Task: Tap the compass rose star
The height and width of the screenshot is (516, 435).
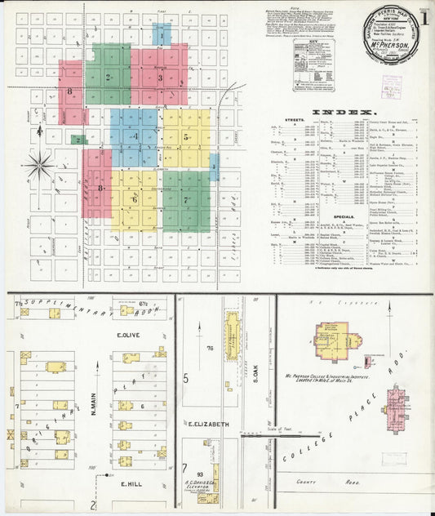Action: click(38, 166)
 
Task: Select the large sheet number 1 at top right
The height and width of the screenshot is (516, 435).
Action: click(424, 17)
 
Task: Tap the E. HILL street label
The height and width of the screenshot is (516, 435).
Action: click(130, 484)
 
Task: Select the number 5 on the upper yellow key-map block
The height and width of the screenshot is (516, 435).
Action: click(186, 137)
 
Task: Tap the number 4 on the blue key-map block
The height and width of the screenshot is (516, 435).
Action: click(135, 136)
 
